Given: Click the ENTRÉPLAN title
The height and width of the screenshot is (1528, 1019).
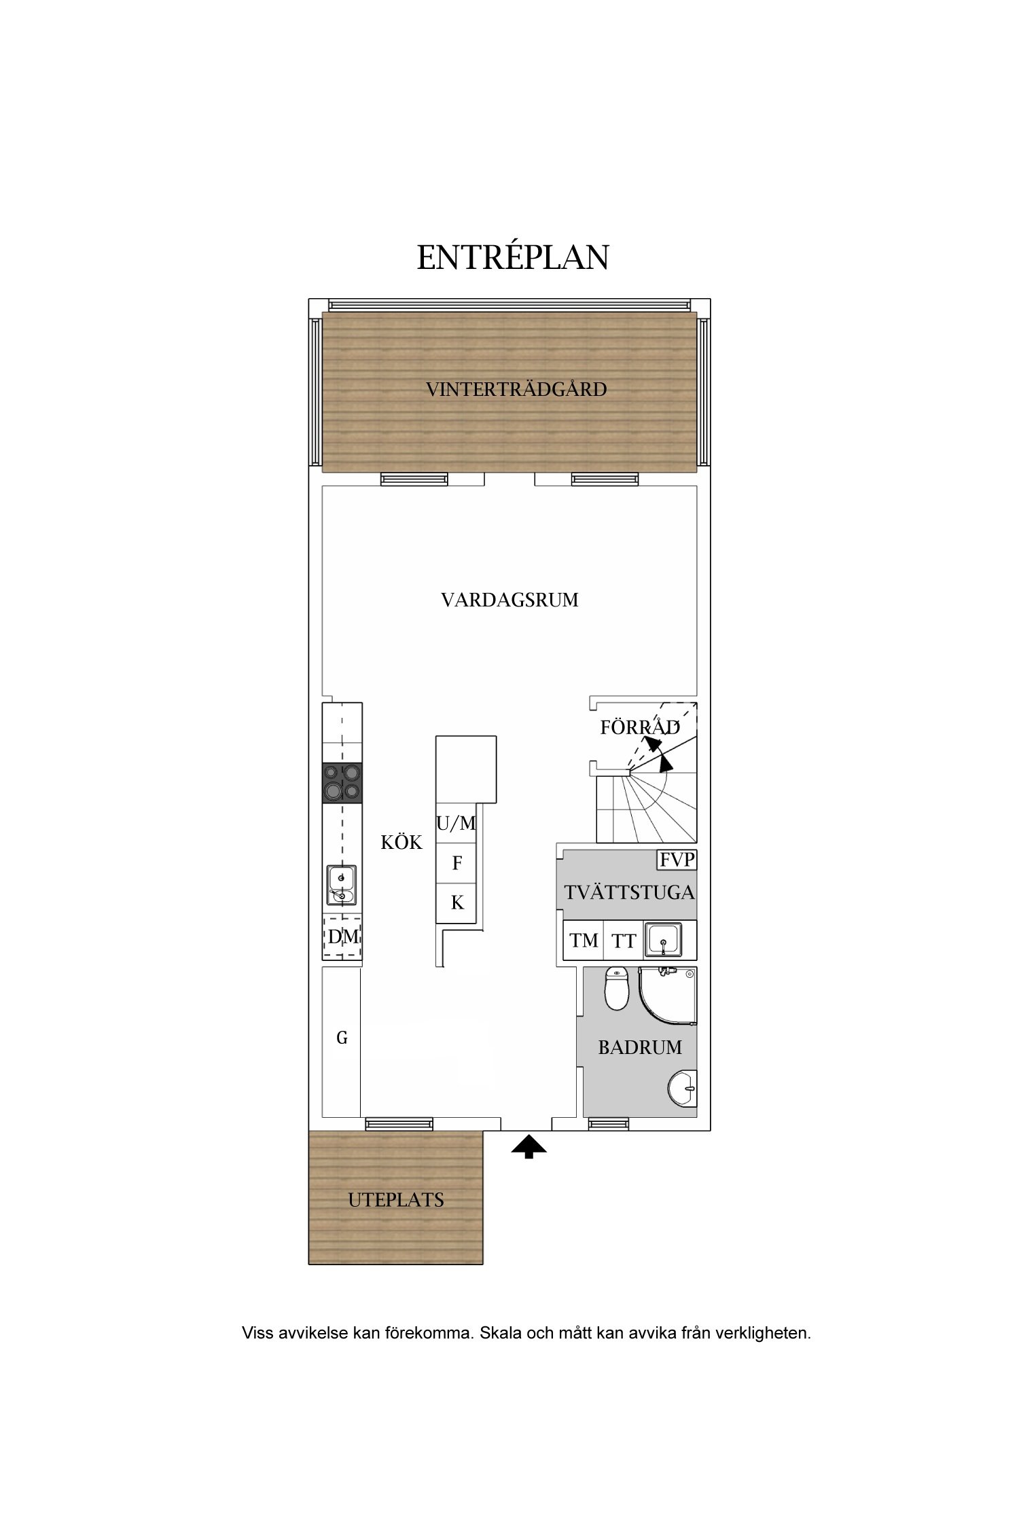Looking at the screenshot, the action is click(513, 257).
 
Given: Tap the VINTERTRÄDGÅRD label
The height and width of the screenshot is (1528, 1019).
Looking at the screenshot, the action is click(516, 389).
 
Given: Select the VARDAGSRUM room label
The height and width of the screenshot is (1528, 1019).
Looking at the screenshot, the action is click(509, 600).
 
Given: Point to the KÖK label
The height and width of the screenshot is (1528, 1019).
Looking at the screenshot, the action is click(401, 842).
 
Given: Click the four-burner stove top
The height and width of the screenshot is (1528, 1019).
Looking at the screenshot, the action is click(342, 782).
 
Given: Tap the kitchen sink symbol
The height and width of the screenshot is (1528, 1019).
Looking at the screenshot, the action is click(342, 885).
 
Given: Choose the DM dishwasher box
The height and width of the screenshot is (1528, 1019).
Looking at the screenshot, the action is click(342, 936).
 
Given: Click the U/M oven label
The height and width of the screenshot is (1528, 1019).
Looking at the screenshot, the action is click(456, 824).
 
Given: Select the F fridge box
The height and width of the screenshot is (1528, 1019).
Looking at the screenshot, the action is click(456, 863).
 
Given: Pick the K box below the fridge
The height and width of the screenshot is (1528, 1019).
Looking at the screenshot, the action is click(456, 903).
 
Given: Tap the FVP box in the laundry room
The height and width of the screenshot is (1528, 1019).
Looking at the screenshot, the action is click(677, 860).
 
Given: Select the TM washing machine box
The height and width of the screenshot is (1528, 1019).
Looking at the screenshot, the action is click(584, 941).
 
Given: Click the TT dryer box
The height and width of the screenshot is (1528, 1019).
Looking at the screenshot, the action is click(623, 941).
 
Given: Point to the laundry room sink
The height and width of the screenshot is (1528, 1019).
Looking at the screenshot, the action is click(663, 940).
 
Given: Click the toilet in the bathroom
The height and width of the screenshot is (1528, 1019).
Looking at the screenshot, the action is click(617, 988).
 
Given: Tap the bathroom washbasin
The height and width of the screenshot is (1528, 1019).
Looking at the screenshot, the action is click(683, 1089).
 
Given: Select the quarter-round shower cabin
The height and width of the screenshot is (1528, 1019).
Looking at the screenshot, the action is click(668, 996).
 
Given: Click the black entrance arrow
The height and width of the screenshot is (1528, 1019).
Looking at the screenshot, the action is click(529, 1148).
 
